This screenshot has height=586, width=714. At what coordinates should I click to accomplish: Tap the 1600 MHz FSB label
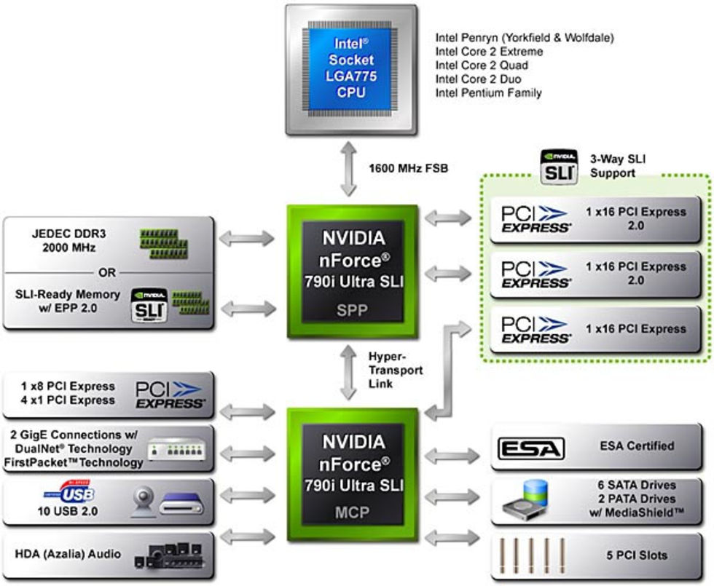point(409,168)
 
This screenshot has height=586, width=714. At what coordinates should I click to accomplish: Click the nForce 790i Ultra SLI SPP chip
point(353,269)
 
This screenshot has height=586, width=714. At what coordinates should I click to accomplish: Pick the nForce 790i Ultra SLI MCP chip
point(353,473)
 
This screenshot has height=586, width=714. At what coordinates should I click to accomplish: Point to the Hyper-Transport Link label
point(395,370)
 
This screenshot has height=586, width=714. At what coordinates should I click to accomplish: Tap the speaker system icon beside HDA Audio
point(172,555)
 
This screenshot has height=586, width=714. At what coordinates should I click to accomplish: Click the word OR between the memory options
point(107,273)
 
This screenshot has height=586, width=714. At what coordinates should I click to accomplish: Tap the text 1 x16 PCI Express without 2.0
point(636,329)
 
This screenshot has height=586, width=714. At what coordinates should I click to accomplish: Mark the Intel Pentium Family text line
point(488,93)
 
